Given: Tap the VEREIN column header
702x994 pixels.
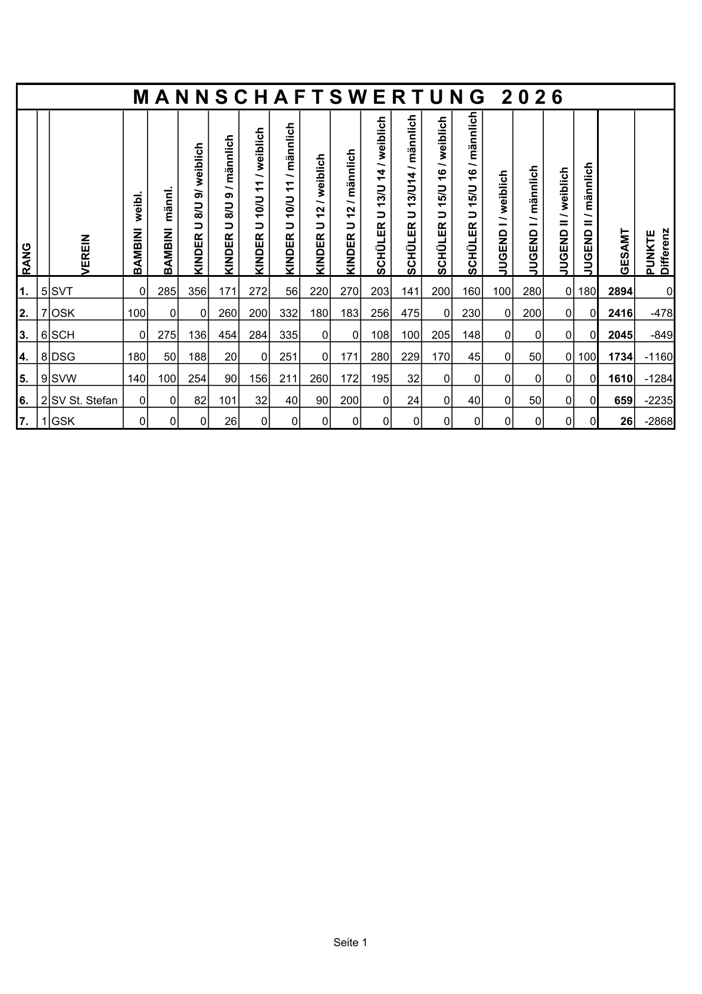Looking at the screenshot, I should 86,254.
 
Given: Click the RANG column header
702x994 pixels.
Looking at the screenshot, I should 27,259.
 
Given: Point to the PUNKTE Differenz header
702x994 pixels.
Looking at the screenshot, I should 656,251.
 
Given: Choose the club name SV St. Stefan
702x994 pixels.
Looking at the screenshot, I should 84,401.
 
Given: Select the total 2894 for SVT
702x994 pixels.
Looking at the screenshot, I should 620,292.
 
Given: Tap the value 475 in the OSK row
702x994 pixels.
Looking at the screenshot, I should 410,313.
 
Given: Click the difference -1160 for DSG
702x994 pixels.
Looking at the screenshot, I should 658,357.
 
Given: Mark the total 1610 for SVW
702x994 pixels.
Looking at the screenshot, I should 620,379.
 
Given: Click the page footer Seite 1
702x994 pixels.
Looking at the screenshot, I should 350,943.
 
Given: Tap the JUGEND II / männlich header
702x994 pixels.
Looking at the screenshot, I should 588,218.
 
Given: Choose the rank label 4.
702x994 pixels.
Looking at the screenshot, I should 24,357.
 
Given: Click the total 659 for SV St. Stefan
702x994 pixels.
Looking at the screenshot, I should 624,401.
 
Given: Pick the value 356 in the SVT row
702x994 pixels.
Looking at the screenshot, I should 197,292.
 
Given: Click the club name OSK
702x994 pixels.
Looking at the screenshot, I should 63,313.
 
